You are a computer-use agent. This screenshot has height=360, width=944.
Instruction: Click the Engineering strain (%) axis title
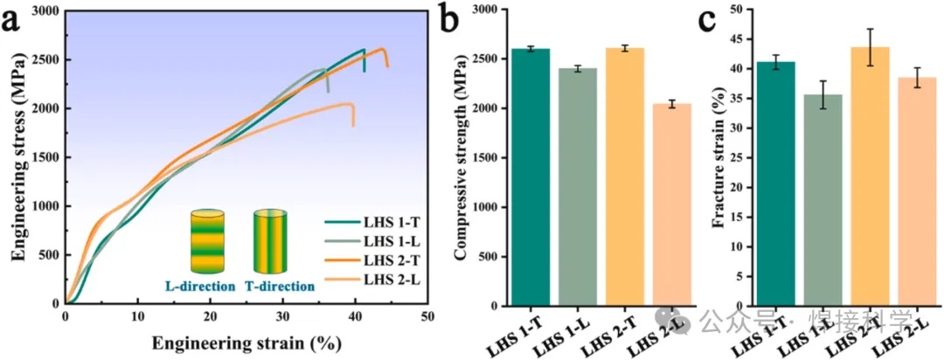click(246, 343)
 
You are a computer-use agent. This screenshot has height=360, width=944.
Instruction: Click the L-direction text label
click(200, 286)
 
